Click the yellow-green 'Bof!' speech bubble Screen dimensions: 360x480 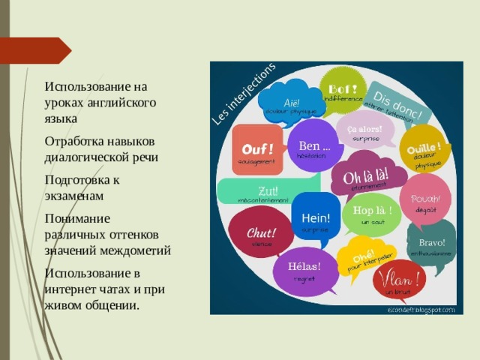point(343,89)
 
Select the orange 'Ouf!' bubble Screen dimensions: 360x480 point(256,148)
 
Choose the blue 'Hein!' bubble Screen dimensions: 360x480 point(315,218)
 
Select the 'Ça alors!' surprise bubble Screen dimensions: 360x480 point(364,130)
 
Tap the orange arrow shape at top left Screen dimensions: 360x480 point(37,50)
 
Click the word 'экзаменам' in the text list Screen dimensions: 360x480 point(73,196)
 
